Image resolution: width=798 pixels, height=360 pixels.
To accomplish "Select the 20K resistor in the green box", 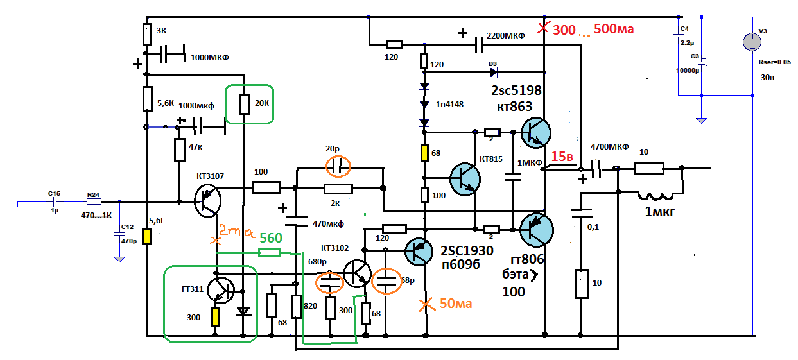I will click(244, 104).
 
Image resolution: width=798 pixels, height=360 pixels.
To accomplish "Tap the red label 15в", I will click(562, 157).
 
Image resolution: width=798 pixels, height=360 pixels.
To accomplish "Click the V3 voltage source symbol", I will click(752, 42).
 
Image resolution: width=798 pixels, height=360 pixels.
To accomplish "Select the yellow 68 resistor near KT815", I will click(424, 153).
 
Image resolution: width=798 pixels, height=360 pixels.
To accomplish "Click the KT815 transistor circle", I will click(465, 178).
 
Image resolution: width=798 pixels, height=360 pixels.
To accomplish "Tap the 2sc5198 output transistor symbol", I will click(535, 133).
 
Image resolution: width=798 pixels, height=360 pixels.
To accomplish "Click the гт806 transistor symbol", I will click(537, 229).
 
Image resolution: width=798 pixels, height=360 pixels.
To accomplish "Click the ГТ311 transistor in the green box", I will click(221, 290).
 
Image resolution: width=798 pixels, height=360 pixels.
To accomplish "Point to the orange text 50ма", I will click(456, 304).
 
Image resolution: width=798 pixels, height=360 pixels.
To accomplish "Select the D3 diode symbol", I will click(494, 71).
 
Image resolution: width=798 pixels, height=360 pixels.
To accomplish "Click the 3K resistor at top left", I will click(146, 33).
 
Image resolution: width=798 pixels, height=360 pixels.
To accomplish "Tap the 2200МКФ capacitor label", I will click(506, 36).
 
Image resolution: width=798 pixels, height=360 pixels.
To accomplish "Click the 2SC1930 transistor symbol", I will click(421, 251).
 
